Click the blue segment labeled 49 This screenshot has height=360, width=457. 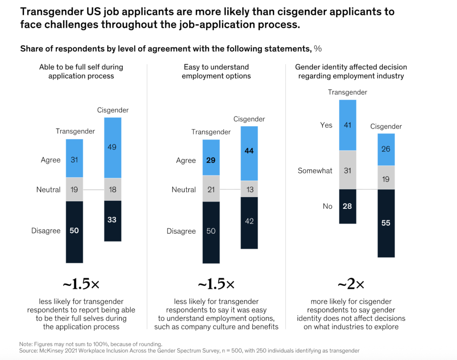112,148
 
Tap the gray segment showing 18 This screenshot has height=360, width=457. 112,190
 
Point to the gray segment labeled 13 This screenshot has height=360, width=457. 249,189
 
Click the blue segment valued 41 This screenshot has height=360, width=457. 348,125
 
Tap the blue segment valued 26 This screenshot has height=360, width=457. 386,149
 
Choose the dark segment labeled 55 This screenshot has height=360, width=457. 386,223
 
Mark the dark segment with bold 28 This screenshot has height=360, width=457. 348,206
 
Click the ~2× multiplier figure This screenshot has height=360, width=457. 351,284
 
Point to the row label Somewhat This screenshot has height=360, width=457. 315,171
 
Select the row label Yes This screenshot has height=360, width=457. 326,125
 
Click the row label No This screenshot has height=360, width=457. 327,207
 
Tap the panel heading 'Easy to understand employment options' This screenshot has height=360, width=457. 216,71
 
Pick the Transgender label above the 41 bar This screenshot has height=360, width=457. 348,92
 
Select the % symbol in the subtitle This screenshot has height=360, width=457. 318,49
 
